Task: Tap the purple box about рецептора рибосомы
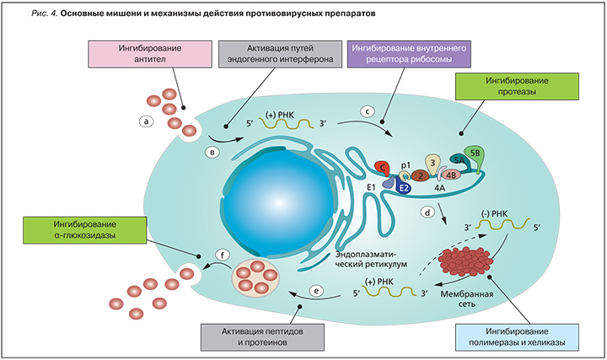click(410, 56)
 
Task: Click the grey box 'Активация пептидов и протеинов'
click(263, 335)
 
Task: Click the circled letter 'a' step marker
click(148, 121)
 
